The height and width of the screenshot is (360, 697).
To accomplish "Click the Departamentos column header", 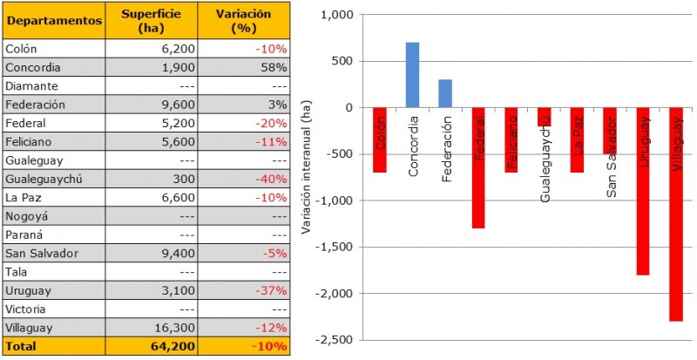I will point(53,21).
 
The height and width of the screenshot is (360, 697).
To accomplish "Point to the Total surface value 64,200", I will point(172,346).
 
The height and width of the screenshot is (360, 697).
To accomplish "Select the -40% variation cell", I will point(271,179).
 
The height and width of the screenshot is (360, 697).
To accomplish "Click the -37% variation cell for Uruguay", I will point(271,290).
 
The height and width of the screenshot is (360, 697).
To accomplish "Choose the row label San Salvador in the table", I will point(42,253).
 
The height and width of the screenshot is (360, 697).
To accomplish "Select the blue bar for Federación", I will point(445,93).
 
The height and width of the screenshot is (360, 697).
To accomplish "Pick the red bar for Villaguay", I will point(676,214).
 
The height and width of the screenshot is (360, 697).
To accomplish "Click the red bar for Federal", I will point(478,168).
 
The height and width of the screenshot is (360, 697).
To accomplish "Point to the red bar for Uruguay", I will point(644,192).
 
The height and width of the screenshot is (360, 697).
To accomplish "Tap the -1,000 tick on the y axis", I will point(335,200).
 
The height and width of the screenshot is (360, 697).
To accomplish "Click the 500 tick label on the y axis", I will point(345,61).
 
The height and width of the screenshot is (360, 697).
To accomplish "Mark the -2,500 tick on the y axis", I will point(335,340).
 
